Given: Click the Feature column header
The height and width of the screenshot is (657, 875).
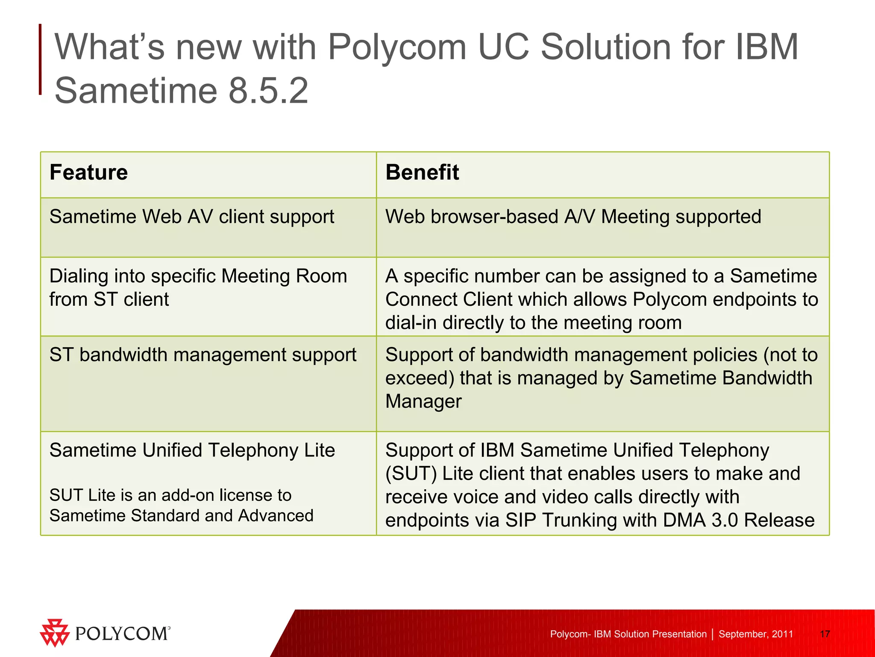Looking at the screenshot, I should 89,172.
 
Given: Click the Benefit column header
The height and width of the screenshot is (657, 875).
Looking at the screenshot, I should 422,172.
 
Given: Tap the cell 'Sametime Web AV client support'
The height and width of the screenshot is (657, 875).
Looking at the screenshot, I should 192,217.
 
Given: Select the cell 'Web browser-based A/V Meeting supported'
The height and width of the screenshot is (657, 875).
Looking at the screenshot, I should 573,217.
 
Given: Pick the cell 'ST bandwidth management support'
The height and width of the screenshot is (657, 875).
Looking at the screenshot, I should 203,355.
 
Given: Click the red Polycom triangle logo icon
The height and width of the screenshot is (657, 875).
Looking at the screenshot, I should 54,633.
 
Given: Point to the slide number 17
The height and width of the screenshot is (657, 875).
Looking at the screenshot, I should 825,634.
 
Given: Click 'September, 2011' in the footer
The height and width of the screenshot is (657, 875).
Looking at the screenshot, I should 755,634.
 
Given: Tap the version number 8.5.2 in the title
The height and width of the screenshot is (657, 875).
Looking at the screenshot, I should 268,90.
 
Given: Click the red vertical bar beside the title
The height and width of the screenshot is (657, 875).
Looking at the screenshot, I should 40,59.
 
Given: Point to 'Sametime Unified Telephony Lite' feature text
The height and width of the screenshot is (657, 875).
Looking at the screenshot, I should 192,450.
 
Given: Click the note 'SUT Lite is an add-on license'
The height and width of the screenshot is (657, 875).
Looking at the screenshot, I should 170,495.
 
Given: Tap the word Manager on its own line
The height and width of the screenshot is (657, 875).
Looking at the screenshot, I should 423,402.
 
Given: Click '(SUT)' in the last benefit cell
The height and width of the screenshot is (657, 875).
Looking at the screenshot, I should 411,474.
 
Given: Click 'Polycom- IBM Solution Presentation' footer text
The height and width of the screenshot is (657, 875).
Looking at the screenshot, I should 628,634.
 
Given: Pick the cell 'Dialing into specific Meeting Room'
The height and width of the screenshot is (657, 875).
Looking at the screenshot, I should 198,276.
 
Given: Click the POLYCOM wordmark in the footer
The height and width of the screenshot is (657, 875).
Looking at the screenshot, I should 122,633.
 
